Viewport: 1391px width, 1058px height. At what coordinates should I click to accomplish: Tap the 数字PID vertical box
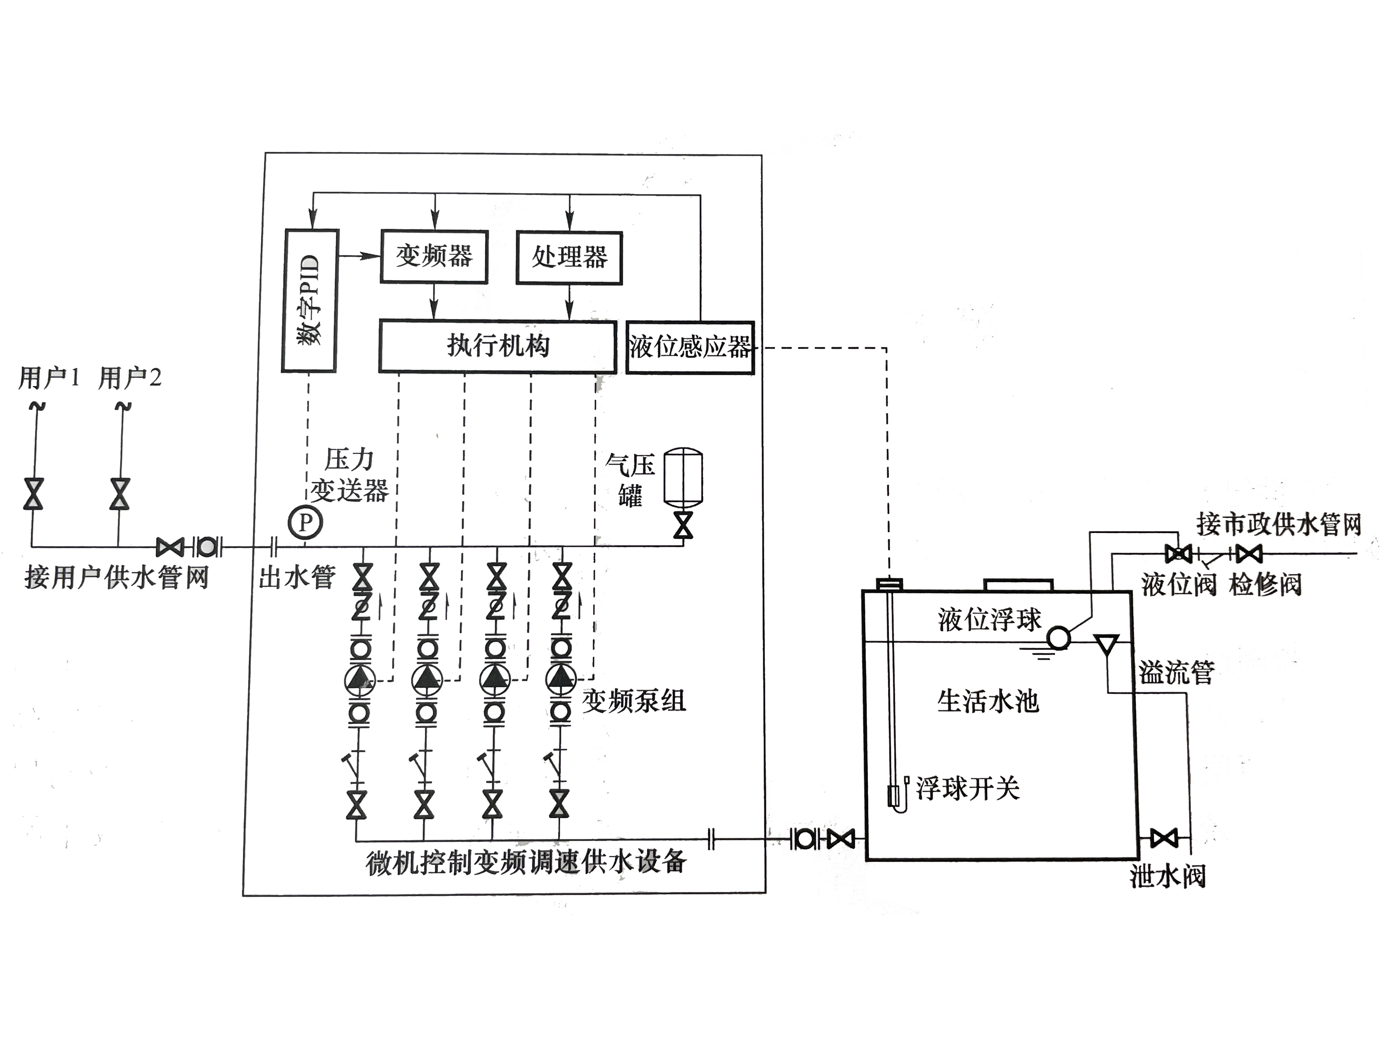pyautogui.click(x=310, y=301)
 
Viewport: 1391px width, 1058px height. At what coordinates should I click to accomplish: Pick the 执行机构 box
pyautogui.click(x=498, y=346)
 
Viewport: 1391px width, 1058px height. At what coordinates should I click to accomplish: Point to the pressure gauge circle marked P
pyautogui.click(x=305, y=522)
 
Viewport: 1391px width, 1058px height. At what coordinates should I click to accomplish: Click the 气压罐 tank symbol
pyautogui.click(x=683, y=477)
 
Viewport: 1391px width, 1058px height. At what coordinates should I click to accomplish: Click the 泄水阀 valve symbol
pyautogui.click(x=1164, y=838)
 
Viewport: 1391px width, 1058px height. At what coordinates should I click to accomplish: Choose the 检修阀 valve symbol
pyautogui.click(x=1249, y=554)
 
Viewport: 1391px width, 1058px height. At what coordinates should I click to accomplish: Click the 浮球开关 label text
pyautogui.click(x=967, y=788)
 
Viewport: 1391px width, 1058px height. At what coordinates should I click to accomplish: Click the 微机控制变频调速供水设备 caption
pyautogui.click(x=526, y=863)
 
